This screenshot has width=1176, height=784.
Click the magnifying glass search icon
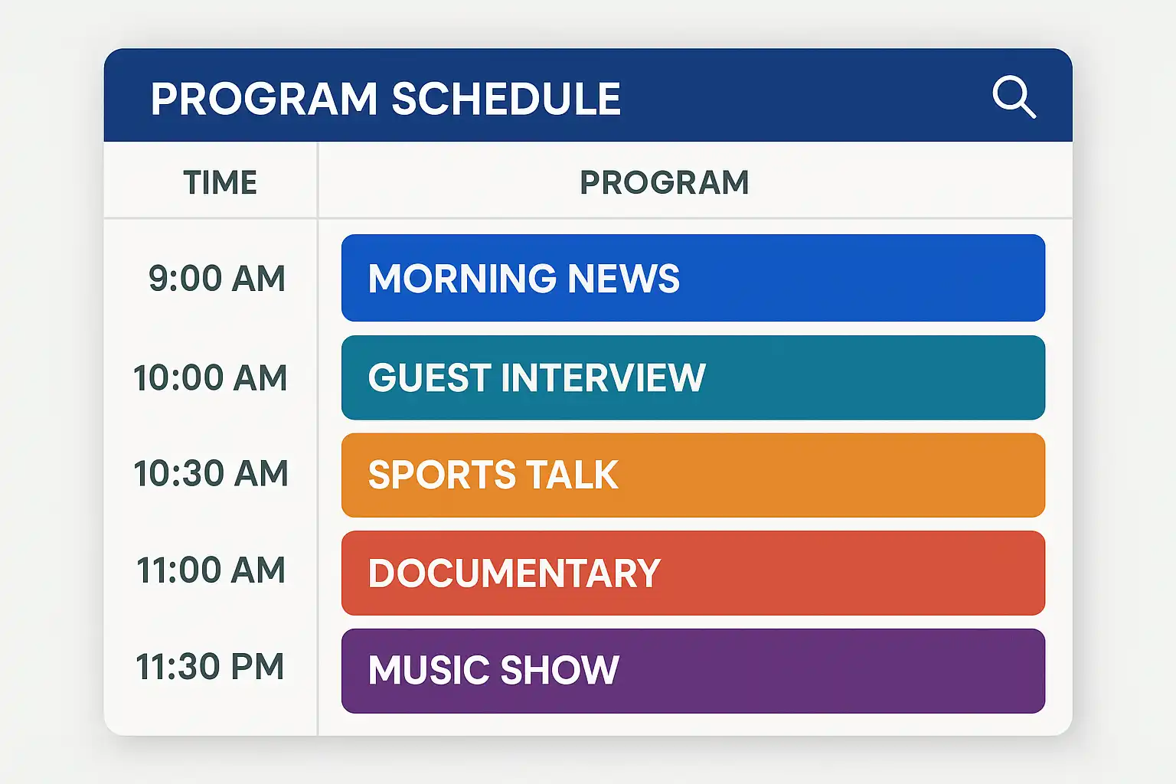tap(1014, 97)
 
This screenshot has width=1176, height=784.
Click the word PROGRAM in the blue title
tap(264, 99)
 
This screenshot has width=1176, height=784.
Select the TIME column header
tap(220, 182)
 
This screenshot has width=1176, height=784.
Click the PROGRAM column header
tap(664, 182)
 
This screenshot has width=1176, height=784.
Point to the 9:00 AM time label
tap(217, 278)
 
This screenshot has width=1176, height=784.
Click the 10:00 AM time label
tap(210, 377)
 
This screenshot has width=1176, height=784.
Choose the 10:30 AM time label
tap(211, 473)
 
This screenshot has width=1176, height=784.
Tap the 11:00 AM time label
tap(211, 570)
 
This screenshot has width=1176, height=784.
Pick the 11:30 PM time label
tap(210, 666)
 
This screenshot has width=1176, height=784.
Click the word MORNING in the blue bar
tap(462, 278)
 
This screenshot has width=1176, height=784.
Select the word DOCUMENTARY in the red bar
tap(514, 573)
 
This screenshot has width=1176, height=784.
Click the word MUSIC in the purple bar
tap(429, 670)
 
